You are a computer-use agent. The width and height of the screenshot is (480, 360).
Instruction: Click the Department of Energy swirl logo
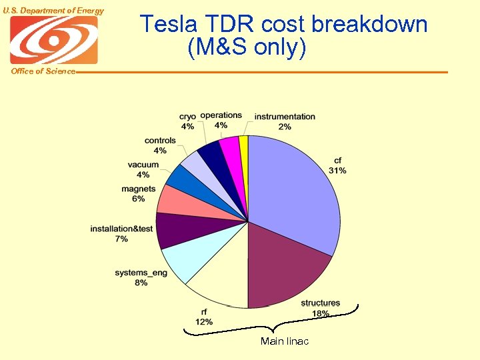click(x=54, y=40)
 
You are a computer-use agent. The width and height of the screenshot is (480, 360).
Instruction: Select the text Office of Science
click(x=43, y=71)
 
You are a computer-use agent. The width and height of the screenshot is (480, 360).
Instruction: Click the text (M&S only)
click(x=247, y=48)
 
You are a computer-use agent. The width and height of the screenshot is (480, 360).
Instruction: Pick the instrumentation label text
click(x=285, y=117)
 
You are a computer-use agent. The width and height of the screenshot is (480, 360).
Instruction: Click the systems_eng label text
click(x=141, y=273)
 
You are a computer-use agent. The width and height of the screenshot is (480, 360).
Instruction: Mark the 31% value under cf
click(x=337, y=171)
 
